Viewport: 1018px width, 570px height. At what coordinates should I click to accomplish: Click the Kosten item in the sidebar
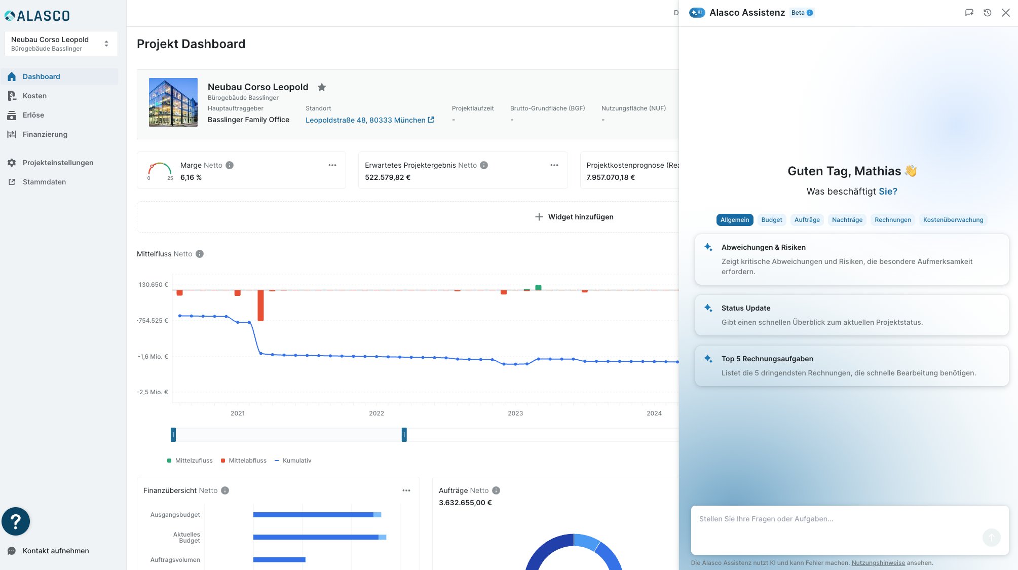click(x=34, y=96)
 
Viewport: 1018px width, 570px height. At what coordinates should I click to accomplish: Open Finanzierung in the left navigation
click(x=45, y=134)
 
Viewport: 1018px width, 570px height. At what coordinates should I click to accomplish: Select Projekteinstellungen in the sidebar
click(x=58, y=163)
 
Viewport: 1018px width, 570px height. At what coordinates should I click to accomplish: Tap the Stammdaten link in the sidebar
click(x=44, y=182)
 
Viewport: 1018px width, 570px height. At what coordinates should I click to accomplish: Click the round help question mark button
click(x=16, y=521)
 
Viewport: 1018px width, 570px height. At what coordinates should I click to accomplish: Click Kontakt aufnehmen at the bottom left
click(x=56, y=551)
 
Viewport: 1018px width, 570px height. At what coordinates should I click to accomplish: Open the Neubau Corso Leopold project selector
click(x=61, y=44)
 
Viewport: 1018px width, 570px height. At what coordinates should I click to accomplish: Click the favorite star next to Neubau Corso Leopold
click(x=322, y=87)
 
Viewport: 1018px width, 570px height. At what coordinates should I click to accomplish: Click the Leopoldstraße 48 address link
click(x=369, y=120)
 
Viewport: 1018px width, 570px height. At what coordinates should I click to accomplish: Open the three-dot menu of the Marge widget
click(x=332, y=165)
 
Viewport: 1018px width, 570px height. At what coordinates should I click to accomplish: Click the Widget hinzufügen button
click(x=574, y=217)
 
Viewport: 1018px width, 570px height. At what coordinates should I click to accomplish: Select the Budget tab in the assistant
click(x=772, y=220)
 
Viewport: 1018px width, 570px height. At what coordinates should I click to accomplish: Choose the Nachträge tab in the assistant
click(x=847, y=220)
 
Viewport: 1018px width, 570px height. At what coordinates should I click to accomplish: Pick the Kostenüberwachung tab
click(x=953, y=220)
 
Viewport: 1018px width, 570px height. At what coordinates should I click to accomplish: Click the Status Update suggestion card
click(x=852, y=315)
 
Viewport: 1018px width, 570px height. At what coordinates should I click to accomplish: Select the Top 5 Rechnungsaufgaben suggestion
click(x=852, y=366)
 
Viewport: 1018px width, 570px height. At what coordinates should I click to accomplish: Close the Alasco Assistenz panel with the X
click(x=1006, y=13)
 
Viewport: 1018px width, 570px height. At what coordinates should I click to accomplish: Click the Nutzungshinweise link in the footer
click(x=878, y=563)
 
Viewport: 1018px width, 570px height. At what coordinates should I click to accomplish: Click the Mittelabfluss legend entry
click(x=244, y=461)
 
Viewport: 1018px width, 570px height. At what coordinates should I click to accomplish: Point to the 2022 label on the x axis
click(x=376, y=413)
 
